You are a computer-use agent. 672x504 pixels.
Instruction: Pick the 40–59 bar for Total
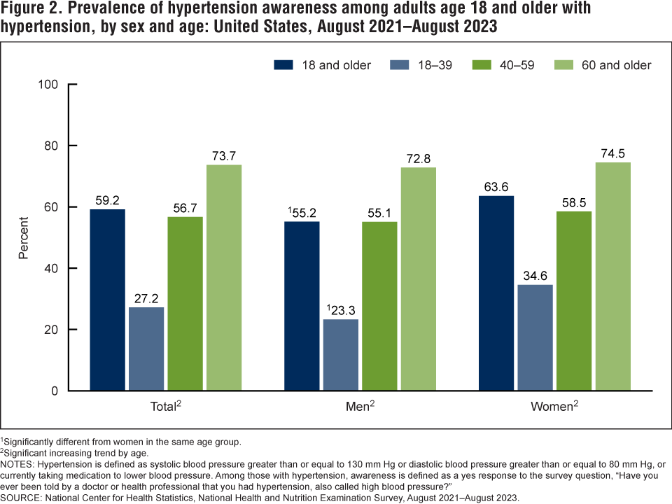(185, 304)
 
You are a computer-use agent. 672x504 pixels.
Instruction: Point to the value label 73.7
(223, 155)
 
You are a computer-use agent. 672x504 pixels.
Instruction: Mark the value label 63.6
(496, 187)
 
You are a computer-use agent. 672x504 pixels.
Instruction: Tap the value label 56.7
(185, 208)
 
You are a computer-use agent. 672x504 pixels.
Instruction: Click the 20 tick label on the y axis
(50, 330)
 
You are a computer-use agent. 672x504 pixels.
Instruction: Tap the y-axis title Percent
(23, 237)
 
